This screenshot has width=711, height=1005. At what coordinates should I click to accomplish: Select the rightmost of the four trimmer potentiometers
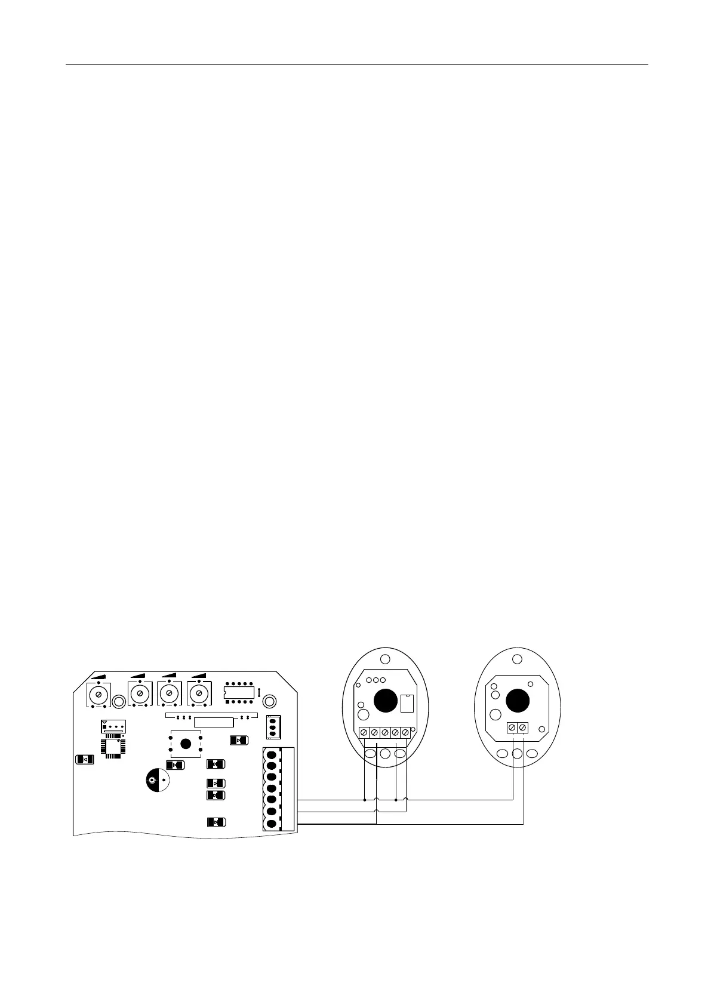[x=198, y=693]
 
